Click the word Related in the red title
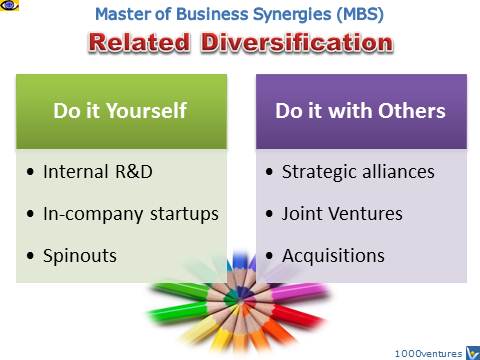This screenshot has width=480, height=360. (139, 44)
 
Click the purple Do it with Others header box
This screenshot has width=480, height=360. (360, 112)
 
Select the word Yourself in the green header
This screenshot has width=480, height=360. (154, 112)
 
